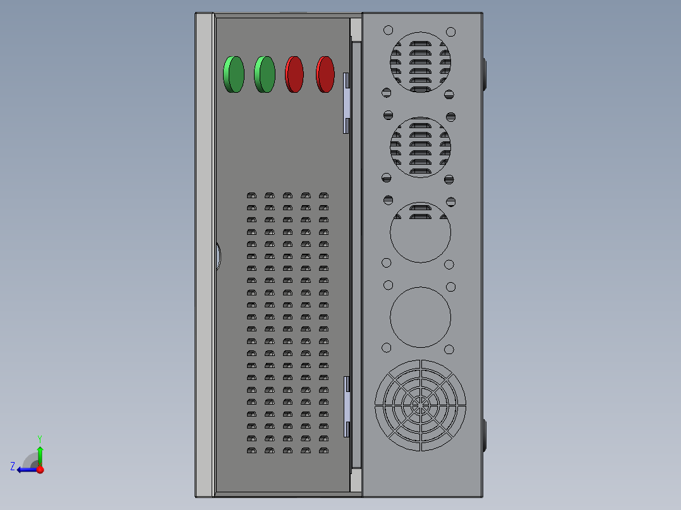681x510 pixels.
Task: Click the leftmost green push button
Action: (x=234, y=74)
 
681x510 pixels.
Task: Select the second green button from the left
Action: (x=265, y=74)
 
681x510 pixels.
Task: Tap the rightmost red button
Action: (x=325, y=74)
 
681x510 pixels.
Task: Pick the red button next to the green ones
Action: (x=295, y=74)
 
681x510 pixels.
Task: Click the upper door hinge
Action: (x=346, y=103)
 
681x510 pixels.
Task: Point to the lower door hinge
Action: (x=346, y=406)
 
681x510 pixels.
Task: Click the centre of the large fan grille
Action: (x=420, y=406)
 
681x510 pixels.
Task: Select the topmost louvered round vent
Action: (x=420, y=62)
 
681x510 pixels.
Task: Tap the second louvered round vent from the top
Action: (x=420, y=148)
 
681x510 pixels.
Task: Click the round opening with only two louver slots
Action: (x=420, y=232)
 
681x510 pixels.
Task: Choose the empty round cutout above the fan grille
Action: (x=420, y=317)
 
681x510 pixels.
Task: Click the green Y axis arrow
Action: (x=40, y=453)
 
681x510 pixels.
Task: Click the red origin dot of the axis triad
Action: (x=40, y=470)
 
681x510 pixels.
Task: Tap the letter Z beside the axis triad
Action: (x=13, y=466)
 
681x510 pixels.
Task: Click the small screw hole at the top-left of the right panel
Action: (x=388, y=30)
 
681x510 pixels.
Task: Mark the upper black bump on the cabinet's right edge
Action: (x=485, y=74)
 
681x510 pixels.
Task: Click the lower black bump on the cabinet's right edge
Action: (x=485, y=435)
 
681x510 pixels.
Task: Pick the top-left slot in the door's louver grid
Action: (x=251, y=196)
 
